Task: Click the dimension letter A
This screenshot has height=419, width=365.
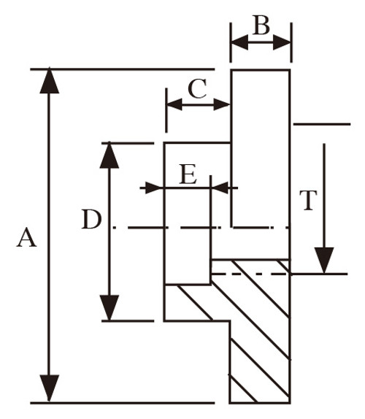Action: tap(26, 237)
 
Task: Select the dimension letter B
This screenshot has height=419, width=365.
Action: tap(261, 25)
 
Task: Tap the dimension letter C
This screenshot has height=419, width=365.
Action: tap(197, 88)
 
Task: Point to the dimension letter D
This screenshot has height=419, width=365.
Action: tap(92, 219)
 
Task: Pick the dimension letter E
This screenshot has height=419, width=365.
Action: tap(188, 174)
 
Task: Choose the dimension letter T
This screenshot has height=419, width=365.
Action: tap(308, 200)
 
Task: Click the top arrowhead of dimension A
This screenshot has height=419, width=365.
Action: tap(49, 81)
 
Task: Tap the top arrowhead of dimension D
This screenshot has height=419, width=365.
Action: tap(109, 155)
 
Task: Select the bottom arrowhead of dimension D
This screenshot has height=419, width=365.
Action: tap(109, 307)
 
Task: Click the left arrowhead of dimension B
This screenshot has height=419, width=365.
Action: tap(239, 42)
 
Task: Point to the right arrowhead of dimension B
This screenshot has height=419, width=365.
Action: tap(282, 42)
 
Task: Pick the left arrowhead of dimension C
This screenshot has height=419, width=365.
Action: tap(174, 104)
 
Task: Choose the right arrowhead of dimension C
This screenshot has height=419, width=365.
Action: tap(222, 104)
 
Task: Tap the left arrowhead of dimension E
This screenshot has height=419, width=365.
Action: tap(153, 188)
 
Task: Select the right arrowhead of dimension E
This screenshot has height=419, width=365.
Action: tap(220, 188)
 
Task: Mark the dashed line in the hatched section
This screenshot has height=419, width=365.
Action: tap(250, 274)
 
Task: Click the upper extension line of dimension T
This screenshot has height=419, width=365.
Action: tap(322, 124)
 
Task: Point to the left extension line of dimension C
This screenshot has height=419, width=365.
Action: tap(166, 110)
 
